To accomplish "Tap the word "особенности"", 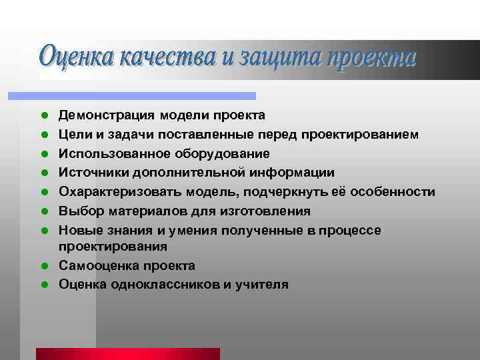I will (397, 193).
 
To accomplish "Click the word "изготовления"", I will (270, 212).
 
